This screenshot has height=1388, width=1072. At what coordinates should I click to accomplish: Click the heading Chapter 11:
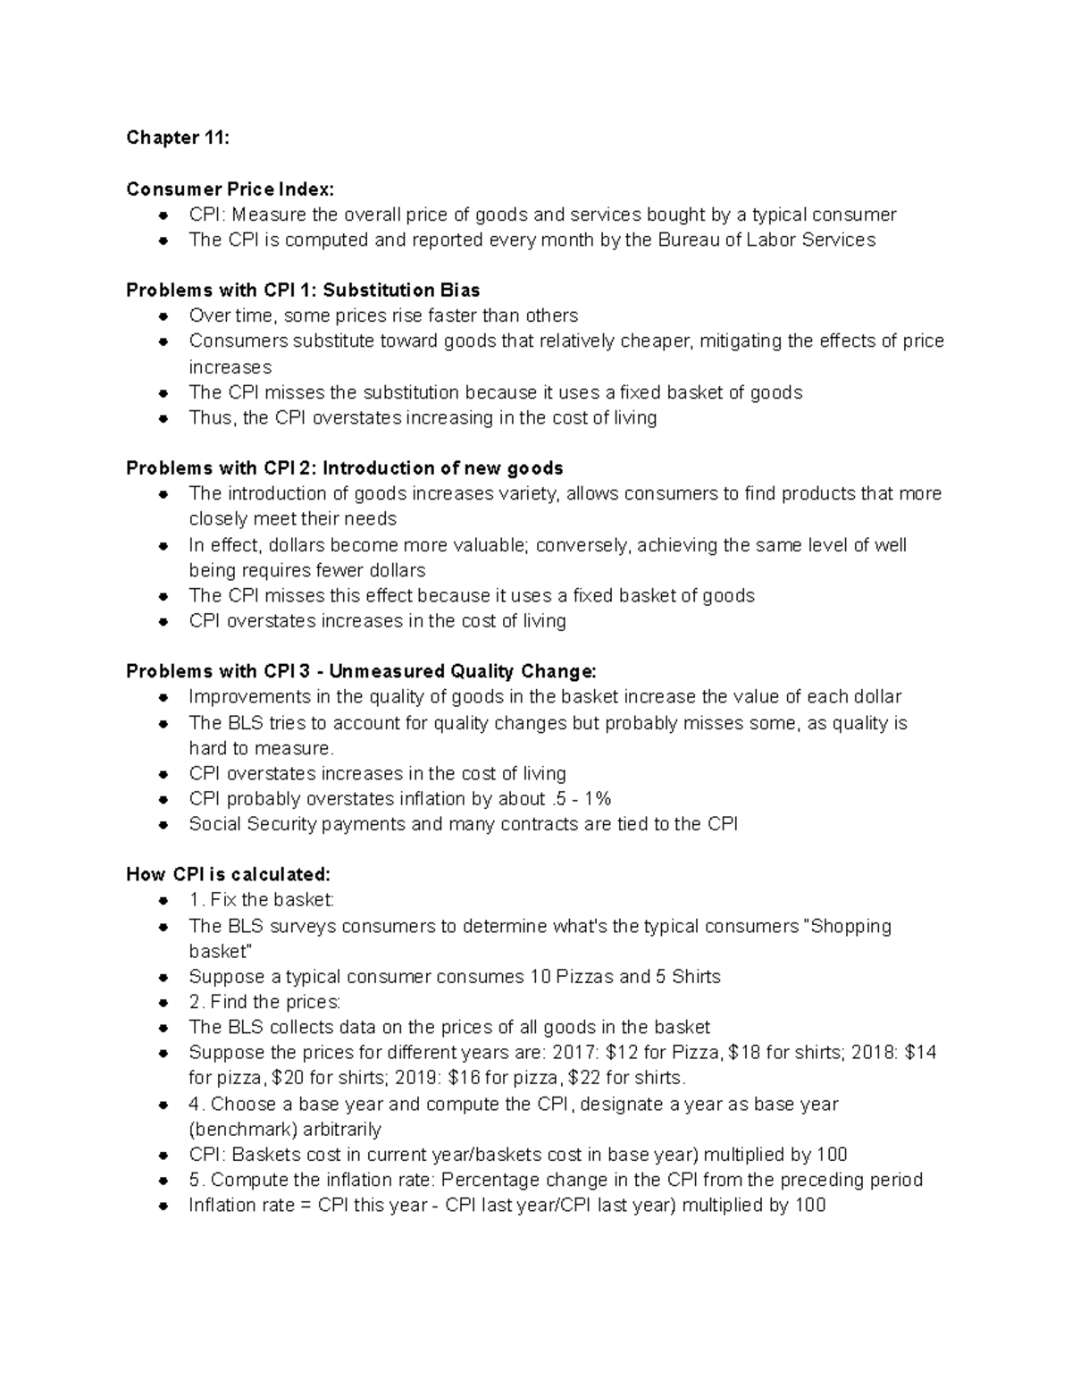(178, 138)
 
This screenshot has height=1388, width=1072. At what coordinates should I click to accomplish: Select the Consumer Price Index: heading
(230, 189)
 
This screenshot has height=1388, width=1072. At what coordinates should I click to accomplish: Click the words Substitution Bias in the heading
(401, 290)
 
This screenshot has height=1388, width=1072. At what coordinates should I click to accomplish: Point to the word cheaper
(658, 341)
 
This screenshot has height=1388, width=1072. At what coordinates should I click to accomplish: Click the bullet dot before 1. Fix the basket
(163, 901)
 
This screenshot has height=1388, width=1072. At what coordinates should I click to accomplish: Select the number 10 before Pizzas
(540, 977)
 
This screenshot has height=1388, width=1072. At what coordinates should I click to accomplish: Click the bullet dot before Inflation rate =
(163, 1207)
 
